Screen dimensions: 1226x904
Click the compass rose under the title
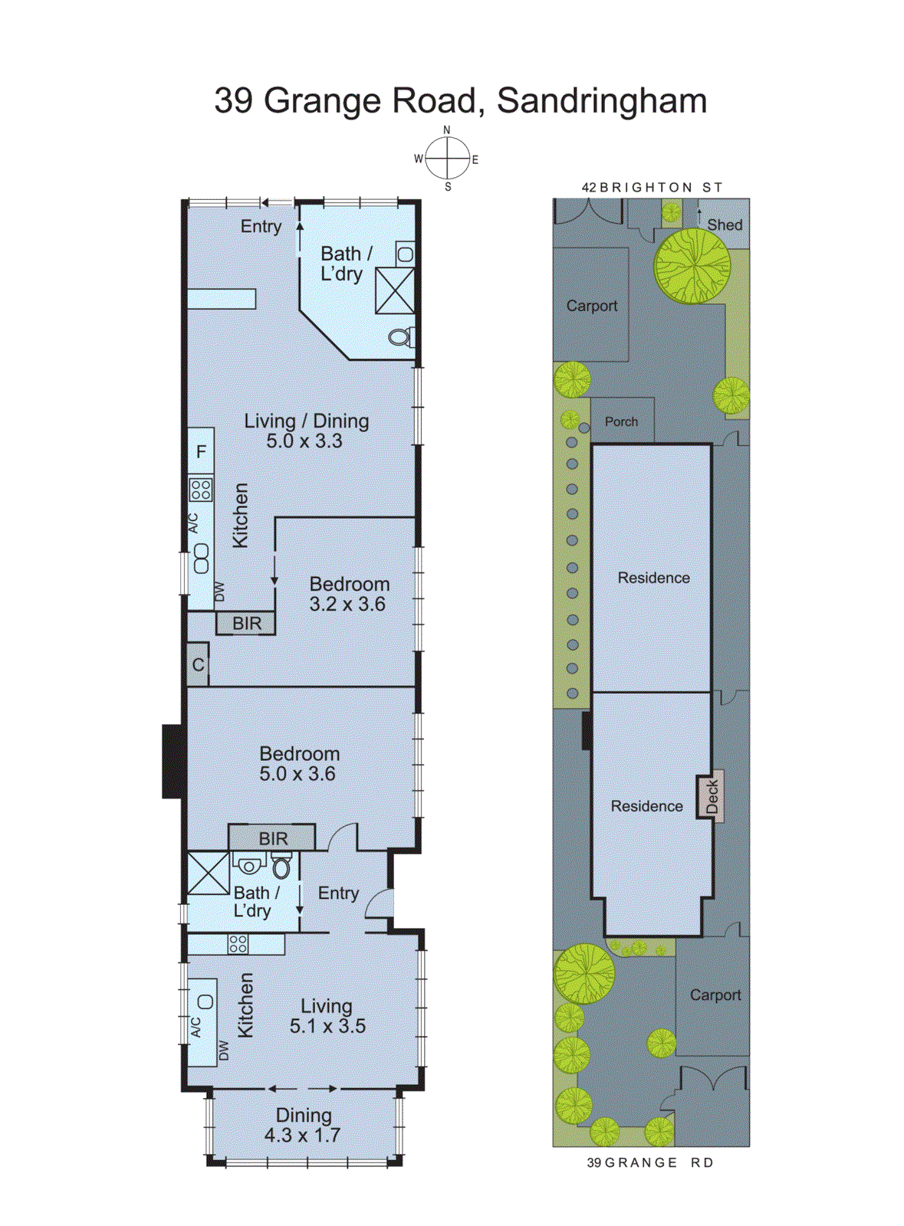pos(448,159)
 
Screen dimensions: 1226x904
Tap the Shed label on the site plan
pos(724,225)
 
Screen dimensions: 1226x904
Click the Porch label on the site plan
pos(621,421)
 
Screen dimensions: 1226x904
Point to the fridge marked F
pos(201,452)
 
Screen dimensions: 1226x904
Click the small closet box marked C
pos(198,664)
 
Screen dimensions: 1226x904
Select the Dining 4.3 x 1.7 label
pos(303,1125)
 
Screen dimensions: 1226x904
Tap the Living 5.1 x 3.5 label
pos(327,1015)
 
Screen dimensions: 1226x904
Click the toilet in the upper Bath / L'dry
pos(401,336)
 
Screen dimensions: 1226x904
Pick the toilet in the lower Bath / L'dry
pos(281,867)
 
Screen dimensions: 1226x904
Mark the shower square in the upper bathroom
pos(395,290)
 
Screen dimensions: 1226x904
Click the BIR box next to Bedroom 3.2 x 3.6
pos(246,624)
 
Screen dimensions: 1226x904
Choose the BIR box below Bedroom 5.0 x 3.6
pos(272,838)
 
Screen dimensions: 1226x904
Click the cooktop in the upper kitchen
pos(201,489)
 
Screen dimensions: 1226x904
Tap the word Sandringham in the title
pos(601,100)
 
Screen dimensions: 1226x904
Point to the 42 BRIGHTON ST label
pos(652,187)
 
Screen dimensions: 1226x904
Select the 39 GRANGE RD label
pos(649,1162)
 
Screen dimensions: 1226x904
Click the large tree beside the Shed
pos(692,265)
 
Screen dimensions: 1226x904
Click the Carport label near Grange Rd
pos(715,995)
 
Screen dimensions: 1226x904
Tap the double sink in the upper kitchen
pos(201,558)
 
